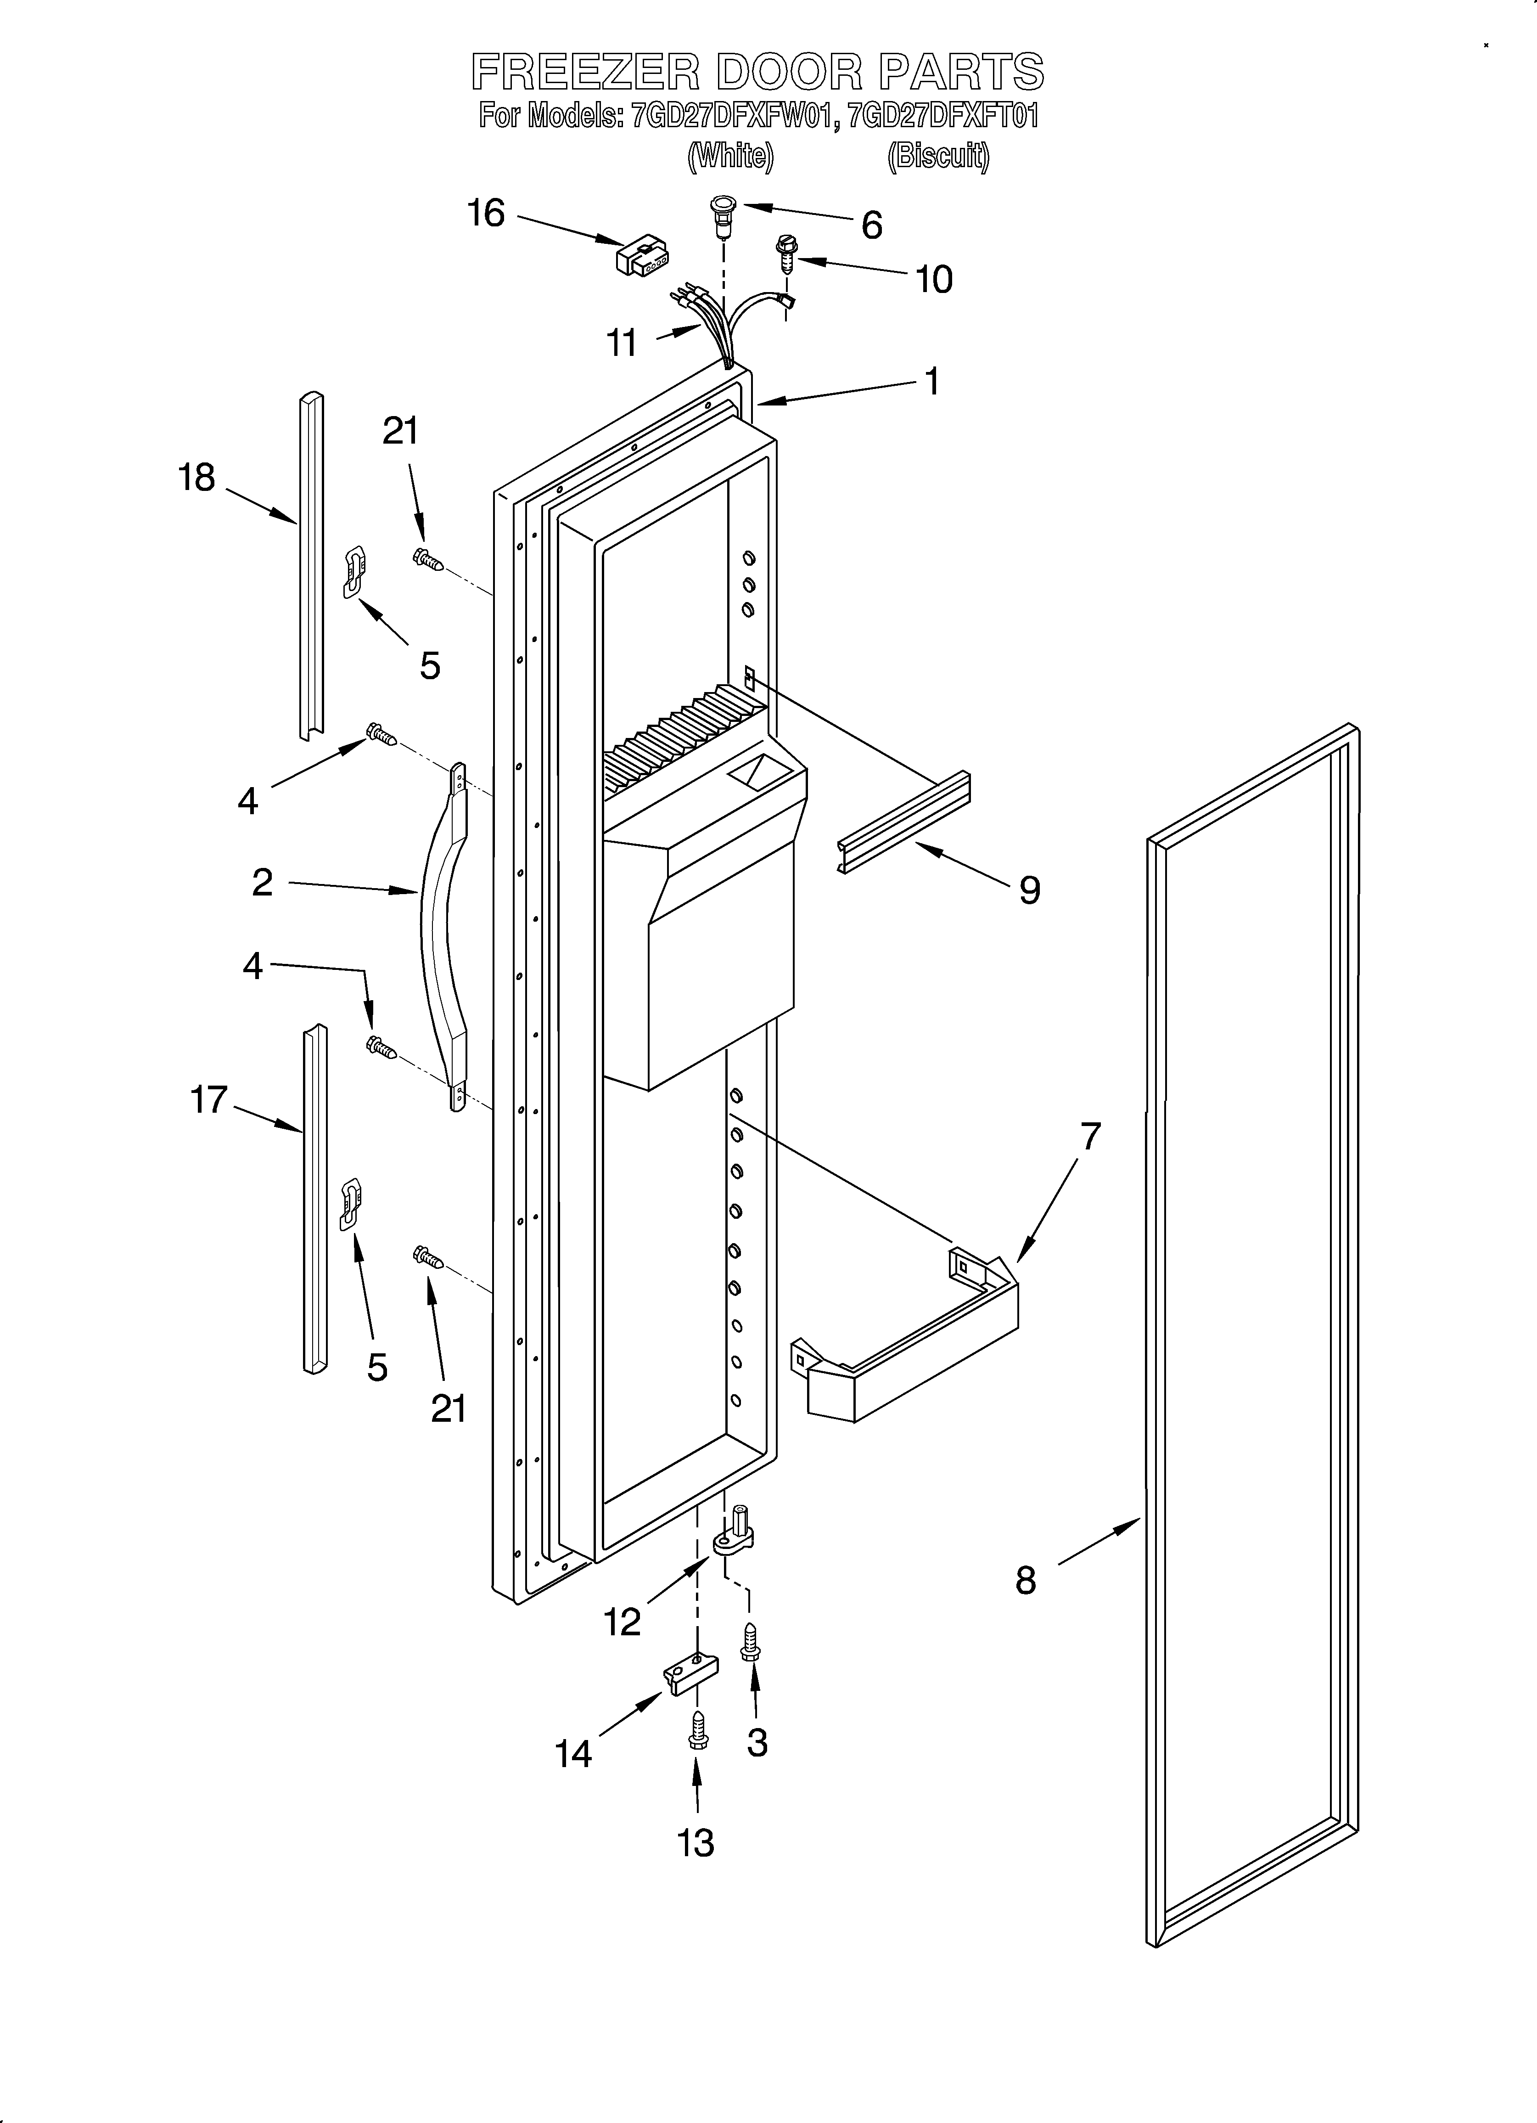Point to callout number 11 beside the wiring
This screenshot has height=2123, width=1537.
pyautogui.click(x=623, y=343)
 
